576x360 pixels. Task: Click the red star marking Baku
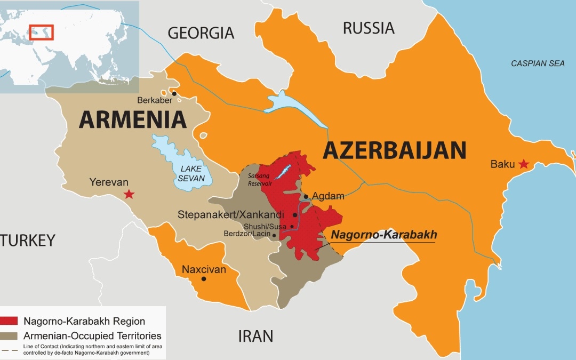[x=524, y=164]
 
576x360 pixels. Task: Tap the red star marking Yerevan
[x=129, y=194]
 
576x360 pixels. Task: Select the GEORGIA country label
[x=201, y=33]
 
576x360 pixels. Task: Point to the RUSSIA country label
[x=369, y=28]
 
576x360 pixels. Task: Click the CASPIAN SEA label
[x=538, y=63]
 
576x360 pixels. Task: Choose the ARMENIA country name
[x=133, y=119]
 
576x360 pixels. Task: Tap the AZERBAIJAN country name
[x=394, y=150]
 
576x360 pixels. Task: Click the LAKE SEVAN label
[x=191, y=173]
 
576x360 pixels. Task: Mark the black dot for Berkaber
[x=174, y=93]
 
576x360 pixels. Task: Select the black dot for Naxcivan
[x=203, y=278]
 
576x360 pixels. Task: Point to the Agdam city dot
[x=306, y=196]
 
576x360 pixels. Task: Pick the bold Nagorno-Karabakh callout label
[x=384, y=235]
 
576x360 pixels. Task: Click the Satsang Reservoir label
[x=260, y=179]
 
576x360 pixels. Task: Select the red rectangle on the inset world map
[x=41, y=32]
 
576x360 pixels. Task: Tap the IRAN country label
[x=255, y=336]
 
